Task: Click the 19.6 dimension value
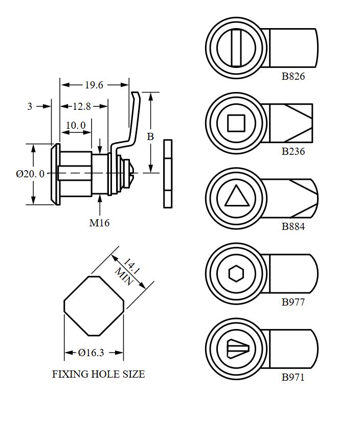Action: pyautogui.click(x=94, y=85)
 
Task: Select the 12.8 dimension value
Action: pyautogui.click(x=82, y=106)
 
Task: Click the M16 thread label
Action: pyautogui.click(x=100, y=222)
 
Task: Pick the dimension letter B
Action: pyautogui.click(x=150, y=136)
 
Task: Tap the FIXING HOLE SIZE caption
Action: pyautogui.click(x=99, y=374)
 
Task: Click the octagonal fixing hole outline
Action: pyautogui.click(x=94, y=306)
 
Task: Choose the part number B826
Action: pyautogui.click(x=293, y=77)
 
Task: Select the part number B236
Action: pyautogui.click(x=293, y=151)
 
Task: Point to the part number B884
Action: pyautogui.click(x=293, y=226)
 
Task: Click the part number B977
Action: pyautogui.click(x=293, y=301)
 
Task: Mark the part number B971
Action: pyautogui.click(x=293, y=378)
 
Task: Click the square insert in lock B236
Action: pyautogui.click(x=236, y=123)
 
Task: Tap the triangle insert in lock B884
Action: pyautogui.click(x=236, y=197)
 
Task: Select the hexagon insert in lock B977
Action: pyautogui.click(x=236, y=273)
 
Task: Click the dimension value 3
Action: pyautogui.click(x=30, y=106)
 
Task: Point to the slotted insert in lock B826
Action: pyautogui.click(x=236, y=48)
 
